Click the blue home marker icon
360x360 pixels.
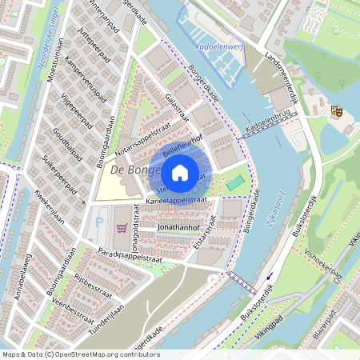coord(180,172)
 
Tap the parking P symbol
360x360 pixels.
coord(99,222)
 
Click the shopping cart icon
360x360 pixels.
coord(122,228)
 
